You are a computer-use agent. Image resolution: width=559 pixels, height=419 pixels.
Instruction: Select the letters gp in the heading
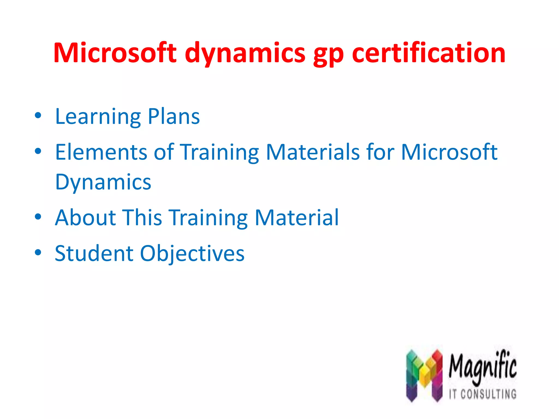(x=328, y=55)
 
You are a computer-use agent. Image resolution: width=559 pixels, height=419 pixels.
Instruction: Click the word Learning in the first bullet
(x=98, y=117)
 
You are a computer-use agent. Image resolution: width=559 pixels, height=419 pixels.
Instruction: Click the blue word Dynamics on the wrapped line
(x=103, y=182)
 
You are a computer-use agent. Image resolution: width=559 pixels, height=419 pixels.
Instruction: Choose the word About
(x=85, y=217)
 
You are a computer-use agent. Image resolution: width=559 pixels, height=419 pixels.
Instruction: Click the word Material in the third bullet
(x=297, y=217)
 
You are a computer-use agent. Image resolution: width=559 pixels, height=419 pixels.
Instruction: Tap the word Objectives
(x=192, y=254)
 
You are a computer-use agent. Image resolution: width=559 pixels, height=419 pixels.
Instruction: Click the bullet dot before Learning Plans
(x=38, y=116)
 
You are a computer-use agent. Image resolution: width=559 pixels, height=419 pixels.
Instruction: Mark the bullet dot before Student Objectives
(x=38, y=252)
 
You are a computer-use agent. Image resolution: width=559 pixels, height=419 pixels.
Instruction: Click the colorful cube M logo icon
(x=424, y=375)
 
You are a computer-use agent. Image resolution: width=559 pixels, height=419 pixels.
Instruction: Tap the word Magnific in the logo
(x=483, y=367)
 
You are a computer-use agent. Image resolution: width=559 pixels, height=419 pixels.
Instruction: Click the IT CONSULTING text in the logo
(x=483, y=394)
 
